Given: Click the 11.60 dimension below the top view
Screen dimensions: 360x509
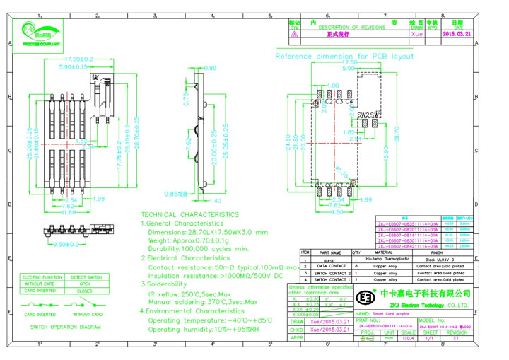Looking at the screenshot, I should click(68, 212).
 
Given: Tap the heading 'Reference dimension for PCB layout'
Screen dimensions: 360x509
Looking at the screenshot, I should click(344, 55).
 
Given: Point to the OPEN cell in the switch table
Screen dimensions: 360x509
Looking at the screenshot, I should click(84, 284).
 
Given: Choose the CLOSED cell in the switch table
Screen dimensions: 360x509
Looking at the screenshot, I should click(84, 291).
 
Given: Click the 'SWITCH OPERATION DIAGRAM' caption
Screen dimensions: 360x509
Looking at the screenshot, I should click(65, 327).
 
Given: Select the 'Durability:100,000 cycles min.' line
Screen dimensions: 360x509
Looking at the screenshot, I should click(198, 249).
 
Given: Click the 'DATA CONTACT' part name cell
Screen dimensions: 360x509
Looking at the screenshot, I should click(329, 266).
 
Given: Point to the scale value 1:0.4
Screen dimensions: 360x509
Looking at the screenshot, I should click(408, 338).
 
